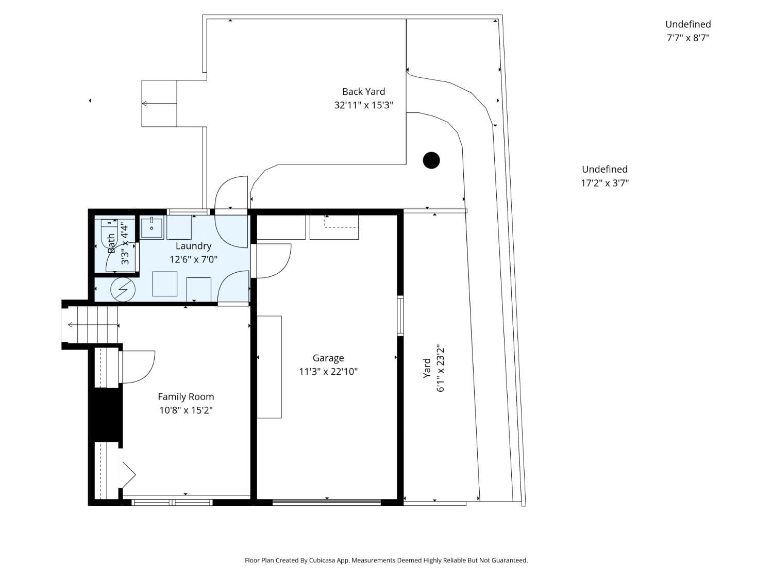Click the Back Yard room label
click(363, 92)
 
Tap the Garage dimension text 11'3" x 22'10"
click(328, 372)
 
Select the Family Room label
click(186, 396)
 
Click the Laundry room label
click(193, 246)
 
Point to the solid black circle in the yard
click(431, 160)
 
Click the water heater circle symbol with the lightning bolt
click(123, 290)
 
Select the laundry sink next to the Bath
click(152, 228)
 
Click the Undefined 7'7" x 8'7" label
click(687, 31)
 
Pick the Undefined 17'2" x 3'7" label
click(604, 176)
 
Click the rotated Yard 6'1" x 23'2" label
click(433, 368)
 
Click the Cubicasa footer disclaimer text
click(386, 560)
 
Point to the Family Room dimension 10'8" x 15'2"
click(186, 410)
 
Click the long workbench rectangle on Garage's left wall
click(270, 367)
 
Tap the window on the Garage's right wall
click(400, 316)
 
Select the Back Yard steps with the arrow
click(159, 103)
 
